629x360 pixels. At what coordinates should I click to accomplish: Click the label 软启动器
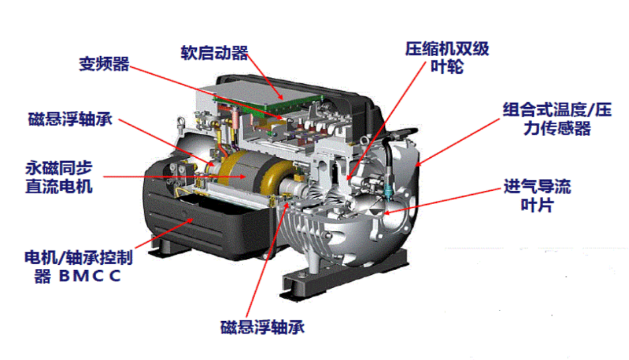(x=214, y=53)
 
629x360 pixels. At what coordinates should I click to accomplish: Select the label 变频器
(x=104, y=63)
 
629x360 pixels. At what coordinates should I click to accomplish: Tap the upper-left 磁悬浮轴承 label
(x=70, y=119)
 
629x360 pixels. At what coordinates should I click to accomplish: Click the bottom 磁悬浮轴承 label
(x=262, y=327)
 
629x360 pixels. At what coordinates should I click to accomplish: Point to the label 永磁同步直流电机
(x=59, y=177)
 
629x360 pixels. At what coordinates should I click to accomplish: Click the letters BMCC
(x=90, y=276)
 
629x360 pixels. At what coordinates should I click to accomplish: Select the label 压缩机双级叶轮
(x=447, y=57)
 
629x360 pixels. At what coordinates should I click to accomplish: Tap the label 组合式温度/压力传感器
(x=557, y=119)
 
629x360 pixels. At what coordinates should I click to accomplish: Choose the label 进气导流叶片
(x=537, y=196)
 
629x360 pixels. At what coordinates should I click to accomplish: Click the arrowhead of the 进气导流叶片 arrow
(x=387, y=213)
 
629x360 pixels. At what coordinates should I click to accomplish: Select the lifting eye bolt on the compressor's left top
(x=181, y=122)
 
